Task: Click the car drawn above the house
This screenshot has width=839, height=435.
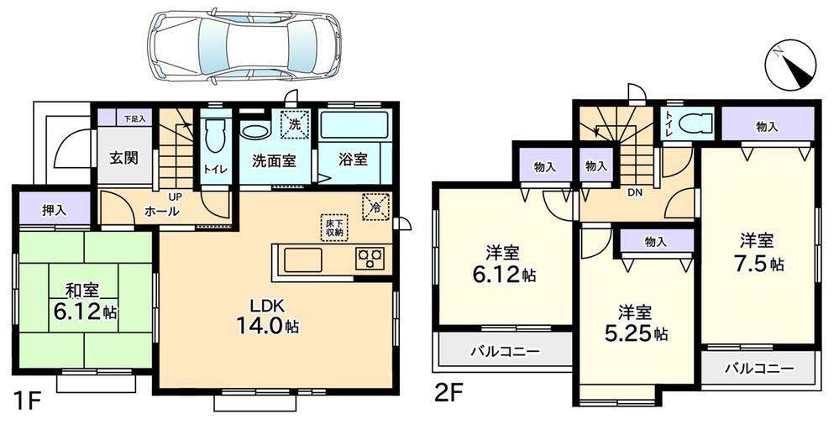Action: tap(244, 45)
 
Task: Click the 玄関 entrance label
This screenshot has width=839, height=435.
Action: tap(123, 157)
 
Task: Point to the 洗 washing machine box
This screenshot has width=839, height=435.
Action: tap(294, 124)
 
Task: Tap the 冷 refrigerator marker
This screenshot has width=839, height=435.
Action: tap(374, 206)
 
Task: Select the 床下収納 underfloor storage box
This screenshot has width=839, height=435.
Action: tap(334, 228)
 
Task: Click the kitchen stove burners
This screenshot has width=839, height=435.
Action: tap(370, 259)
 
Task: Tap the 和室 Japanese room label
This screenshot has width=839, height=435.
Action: tap(83, 301)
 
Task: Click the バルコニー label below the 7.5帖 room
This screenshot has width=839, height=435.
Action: tap(758, 368)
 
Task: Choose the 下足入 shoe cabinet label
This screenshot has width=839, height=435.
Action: tap(134, 119)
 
